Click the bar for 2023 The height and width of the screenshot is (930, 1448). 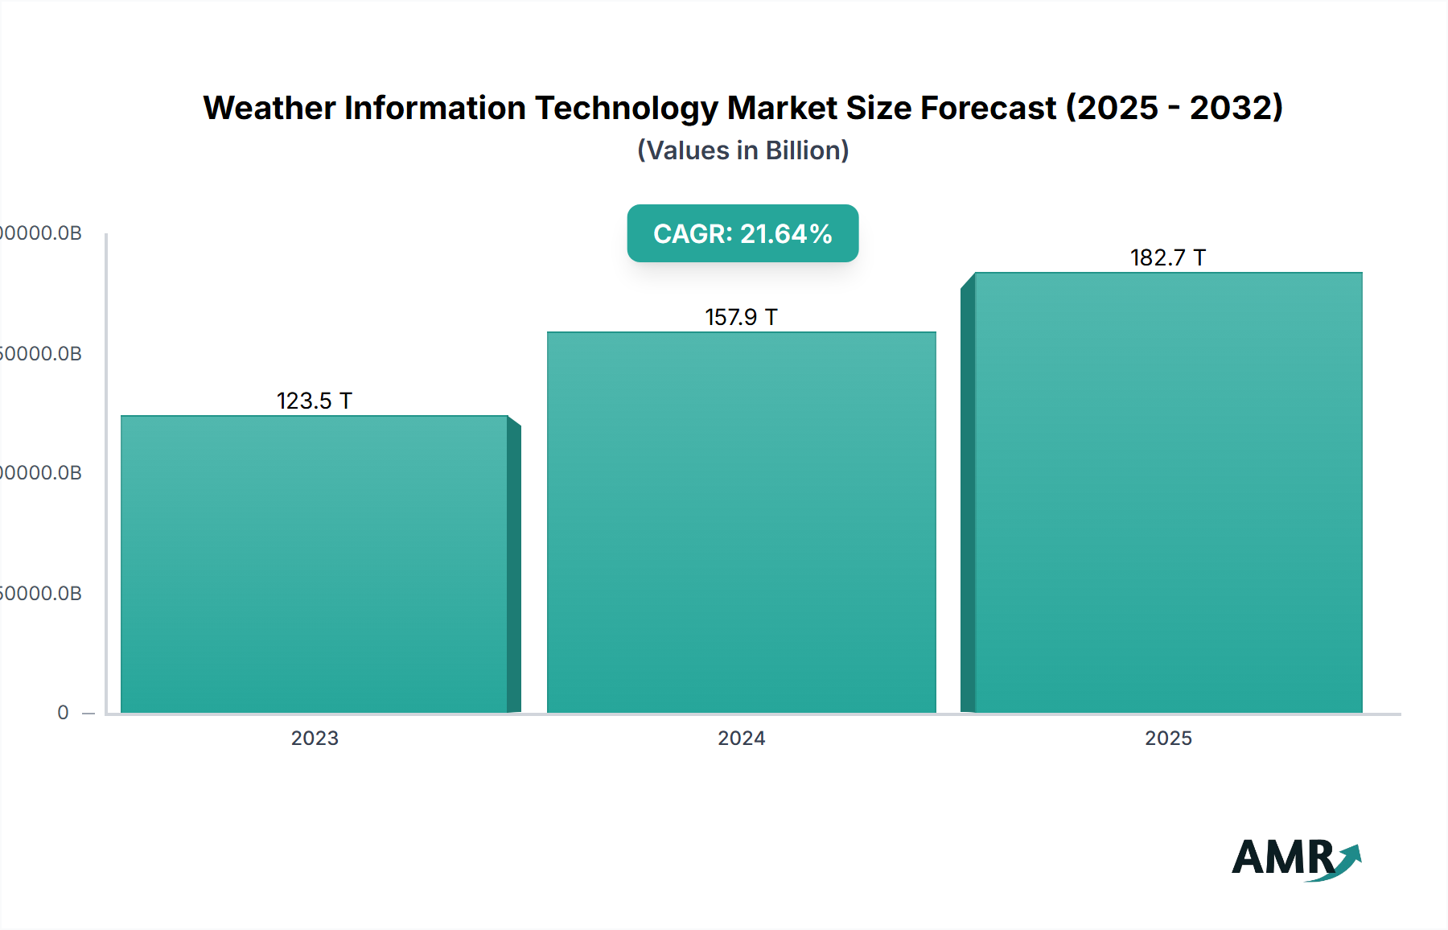tap(314, 563)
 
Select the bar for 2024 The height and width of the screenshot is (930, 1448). tap(741, 523)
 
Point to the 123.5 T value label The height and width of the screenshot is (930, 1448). tap(315, 401)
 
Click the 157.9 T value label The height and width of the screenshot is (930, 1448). tap(741, 317)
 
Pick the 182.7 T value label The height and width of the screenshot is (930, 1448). tap(1167, 257)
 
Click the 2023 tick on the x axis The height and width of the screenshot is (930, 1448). tap(315, 738)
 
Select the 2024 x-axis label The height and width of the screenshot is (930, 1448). tap(741, 738)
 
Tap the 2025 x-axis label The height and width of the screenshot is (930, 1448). tap(1168, 738)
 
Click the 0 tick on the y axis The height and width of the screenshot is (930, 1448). tap(63, 713)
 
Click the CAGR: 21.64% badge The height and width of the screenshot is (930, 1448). tap(743, 233)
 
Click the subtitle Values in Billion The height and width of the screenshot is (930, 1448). tap(743, 150)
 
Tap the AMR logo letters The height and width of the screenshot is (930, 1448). tap(1282, 858)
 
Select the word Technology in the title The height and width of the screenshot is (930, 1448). tap(626, 108)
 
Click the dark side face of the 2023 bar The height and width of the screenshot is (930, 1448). tap(514, 567)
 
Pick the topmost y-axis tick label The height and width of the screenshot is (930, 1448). tap(40, 233)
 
